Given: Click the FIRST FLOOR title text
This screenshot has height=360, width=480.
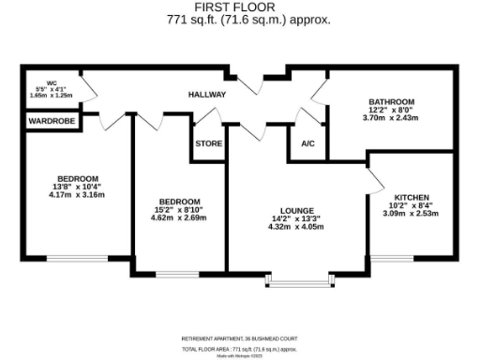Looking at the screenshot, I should click(x=239, y=7).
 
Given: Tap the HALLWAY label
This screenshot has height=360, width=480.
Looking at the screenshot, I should click(x=208, y=95).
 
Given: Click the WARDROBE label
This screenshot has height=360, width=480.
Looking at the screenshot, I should click(x=51, y=121).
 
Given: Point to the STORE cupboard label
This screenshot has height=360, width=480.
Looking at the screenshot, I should click(x=208, y=144).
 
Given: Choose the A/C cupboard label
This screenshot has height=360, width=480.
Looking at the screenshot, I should click(x=307, y=144).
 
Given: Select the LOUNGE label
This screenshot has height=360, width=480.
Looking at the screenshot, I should click(x=296, y=210).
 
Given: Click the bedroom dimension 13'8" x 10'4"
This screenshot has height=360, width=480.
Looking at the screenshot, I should click(x=77, y=187).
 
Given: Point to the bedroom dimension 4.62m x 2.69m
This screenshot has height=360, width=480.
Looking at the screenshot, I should click(x=177, y=217).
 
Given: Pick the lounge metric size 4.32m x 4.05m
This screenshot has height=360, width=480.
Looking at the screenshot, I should click(x=296, y=226).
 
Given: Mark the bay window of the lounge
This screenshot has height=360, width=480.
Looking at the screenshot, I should click(x=299, y=278).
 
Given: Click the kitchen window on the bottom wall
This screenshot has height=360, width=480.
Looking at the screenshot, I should click(x=397, y=256).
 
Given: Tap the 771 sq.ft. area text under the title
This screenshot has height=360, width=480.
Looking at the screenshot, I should click(x=239, y=19).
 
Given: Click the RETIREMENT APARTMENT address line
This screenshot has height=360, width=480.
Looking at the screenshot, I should click(x=239, y=338).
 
